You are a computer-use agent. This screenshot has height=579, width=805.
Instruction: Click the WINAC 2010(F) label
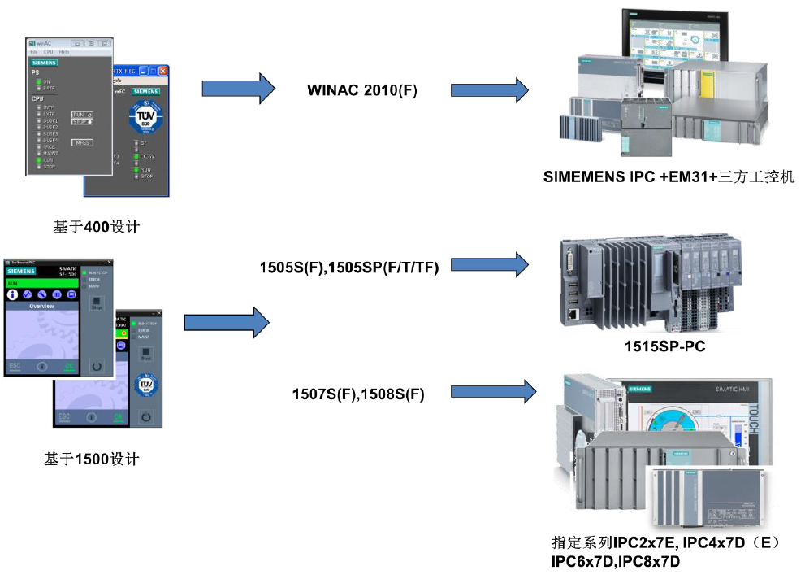(x=362, y=90)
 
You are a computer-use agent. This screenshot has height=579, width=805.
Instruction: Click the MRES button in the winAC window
(x=81, y=142)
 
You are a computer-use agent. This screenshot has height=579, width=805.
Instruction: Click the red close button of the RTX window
(x=162, y=71)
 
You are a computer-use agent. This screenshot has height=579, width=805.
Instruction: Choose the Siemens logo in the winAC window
(x=44, y=62)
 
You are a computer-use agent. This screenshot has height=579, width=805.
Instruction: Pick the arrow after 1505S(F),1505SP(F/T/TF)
(x=489, y=265)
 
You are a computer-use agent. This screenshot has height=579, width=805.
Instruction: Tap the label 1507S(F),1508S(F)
(x=358, y=394)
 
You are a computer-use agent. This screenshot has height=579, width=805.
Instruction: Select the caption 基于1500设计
(x=92, y=459)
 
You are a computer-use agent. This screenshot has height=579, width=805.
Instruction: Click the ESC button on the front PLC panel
(x=15, y=367)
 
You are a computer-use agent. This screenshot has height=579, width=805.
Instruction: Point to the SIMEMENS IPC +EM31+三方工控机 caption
(x=669, y=176)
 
